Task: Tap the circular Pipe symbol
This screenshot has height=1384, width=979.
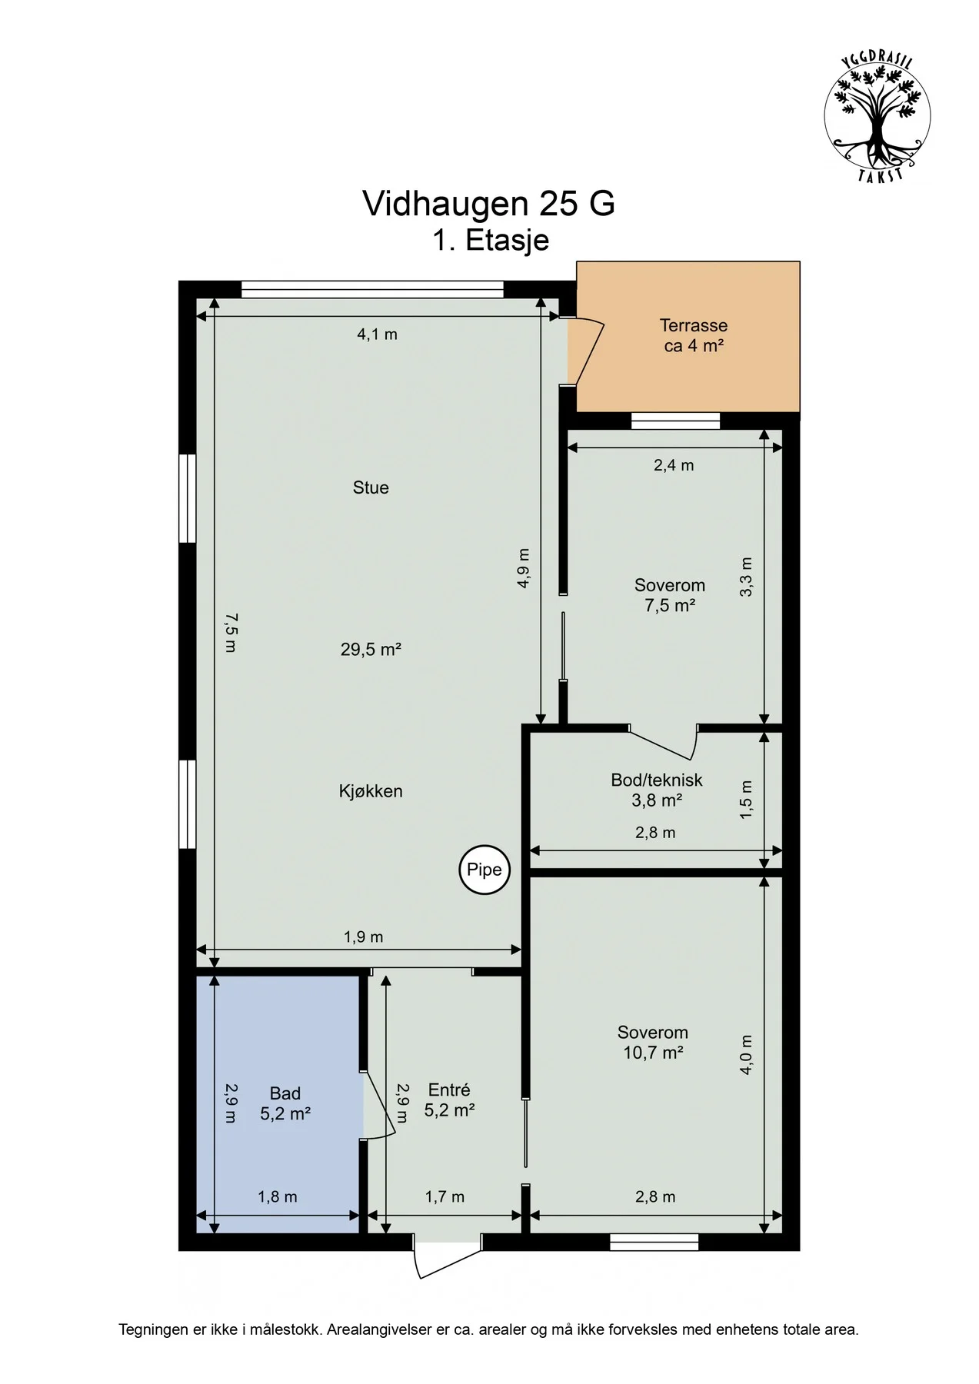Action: (x=485, y=870)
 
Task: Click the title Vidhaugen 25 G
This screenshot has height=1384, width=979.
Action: (x=488, y=204)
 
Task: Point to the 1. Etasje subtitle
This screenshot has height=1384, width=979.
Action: (x=491, y=240)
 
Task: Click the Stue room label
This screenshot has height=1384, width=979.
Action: (x=371, y=487)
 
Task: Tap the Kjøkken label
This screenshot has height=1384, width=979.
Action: (x=371, y=791)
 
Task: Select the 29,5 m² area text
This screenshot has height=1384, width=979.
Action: (x=371, y=650)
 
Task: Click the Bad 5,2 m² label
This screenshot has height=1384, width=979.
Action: (x=285, y=1103)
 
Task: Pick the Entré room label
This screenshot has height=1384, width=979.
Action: (x=449, y=1090)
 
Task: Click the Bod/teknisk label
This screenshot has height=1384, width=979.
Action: (x=657, y=780)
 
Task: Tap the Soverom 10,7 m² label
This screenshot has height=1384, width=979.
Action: (x=653, y=1043)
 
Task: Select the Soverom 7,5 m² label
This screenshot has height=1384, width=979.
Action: (x=670, y=595)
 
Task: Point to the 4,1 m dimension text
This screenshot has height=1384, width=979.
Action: (x=377, y=334)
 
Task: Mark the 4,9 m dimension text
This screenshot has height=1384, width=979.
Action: (x=524, y=568)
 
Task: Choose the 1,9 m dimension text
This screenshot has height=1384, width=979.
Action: (x=363, y=937)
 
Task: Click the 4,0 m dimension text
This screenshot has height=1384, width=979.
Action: (x=745, y=1055)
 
